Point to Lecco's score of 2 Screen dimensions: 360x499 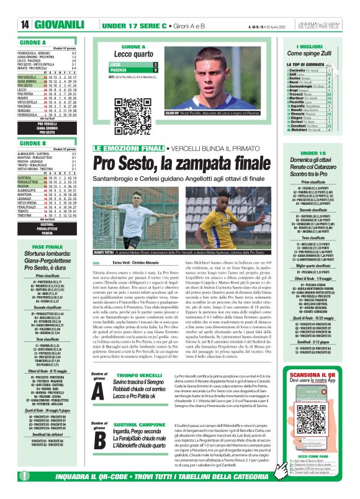click(155, 64)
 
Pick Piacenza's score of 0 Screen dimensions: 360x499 click(155, 70)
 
